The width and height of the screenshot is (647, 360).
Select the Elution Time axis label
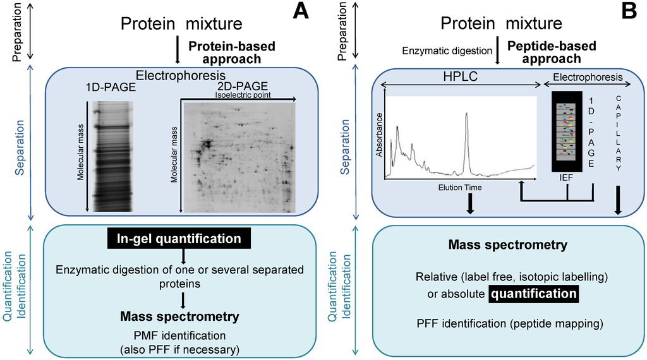tap(459, 188)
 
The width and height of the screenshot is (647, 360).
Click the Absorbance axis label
tap(379, 135)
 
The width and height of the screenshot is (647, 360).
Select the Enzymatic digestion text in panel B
tap(446, 49)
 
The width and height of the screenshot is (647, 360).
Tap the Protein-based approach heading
tap(224, 52)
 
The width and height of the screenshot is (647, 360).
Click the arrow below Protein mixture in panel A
tap(178, 51)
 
